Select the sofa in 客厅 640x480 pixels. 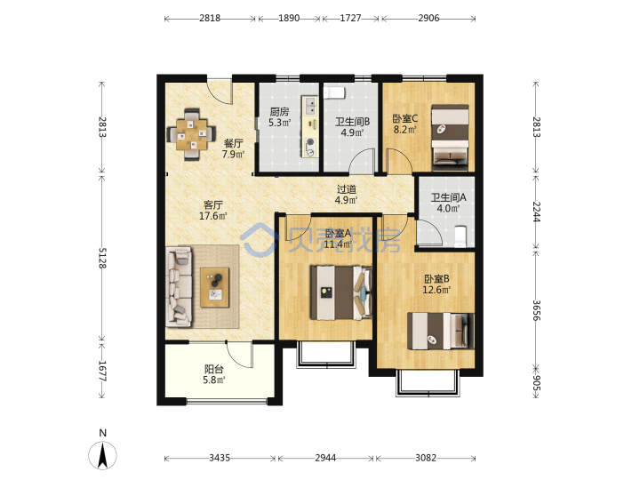pos(179,288)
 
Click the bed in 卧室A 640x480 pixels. pos(341,292)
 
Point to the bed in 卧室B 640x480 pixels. pos(441,331)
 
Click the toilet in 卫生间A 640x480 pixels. pos(460,236)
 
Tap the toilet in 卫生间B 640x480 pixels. pos(335,92)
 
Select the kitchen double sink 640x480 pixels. pos(310,106)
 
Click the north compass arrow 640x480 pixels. pos(103,454)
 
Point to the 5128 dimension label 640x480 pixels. pos(102,258)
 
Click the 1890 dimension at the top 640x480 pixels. pos(289,18)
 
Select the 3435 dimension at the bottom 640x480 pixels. pos(220,458)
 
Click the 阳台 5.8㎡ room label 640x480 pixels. pos(214,374)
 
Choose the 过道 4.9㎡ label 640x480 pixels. pos(346,195)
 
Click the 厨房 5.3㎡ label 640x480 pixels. pos(280,116)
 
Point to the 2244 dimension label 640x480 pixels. pos(536,212)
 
